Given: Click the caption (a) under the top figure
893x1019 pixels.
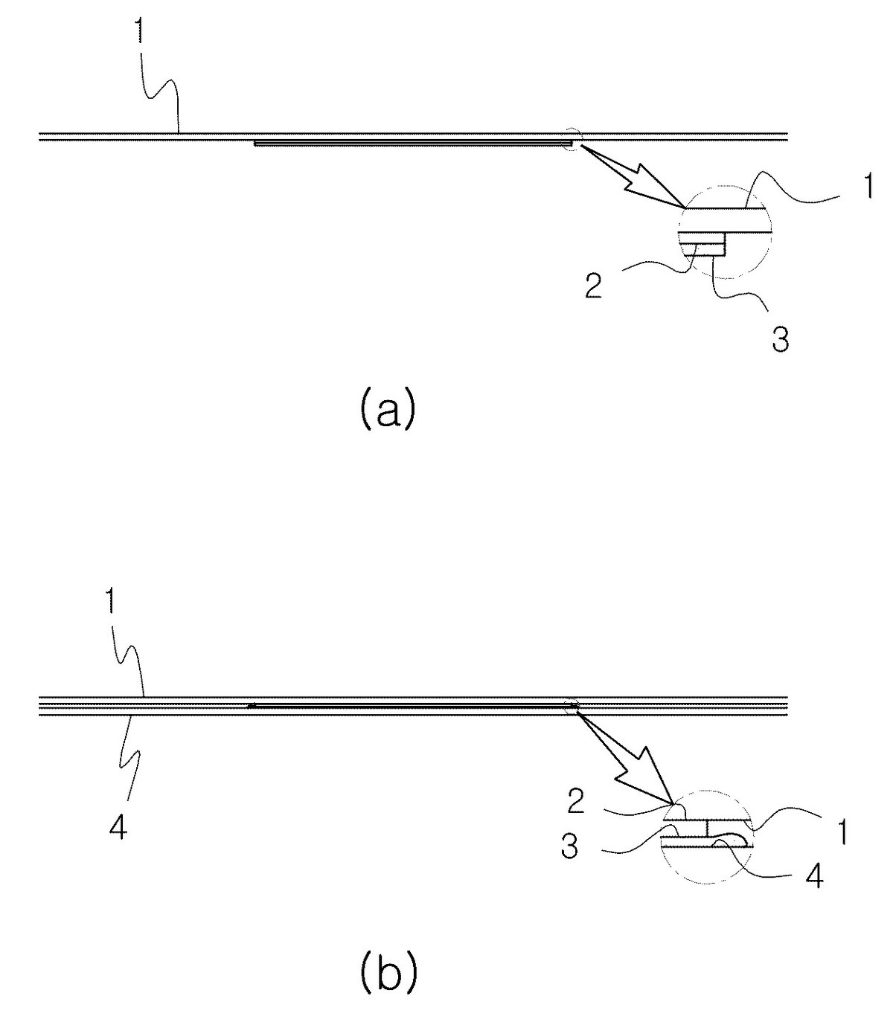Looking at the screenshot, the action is [387, 411].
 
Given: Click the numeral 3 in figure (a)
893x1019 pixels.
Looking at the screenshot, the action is [781, 341].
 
